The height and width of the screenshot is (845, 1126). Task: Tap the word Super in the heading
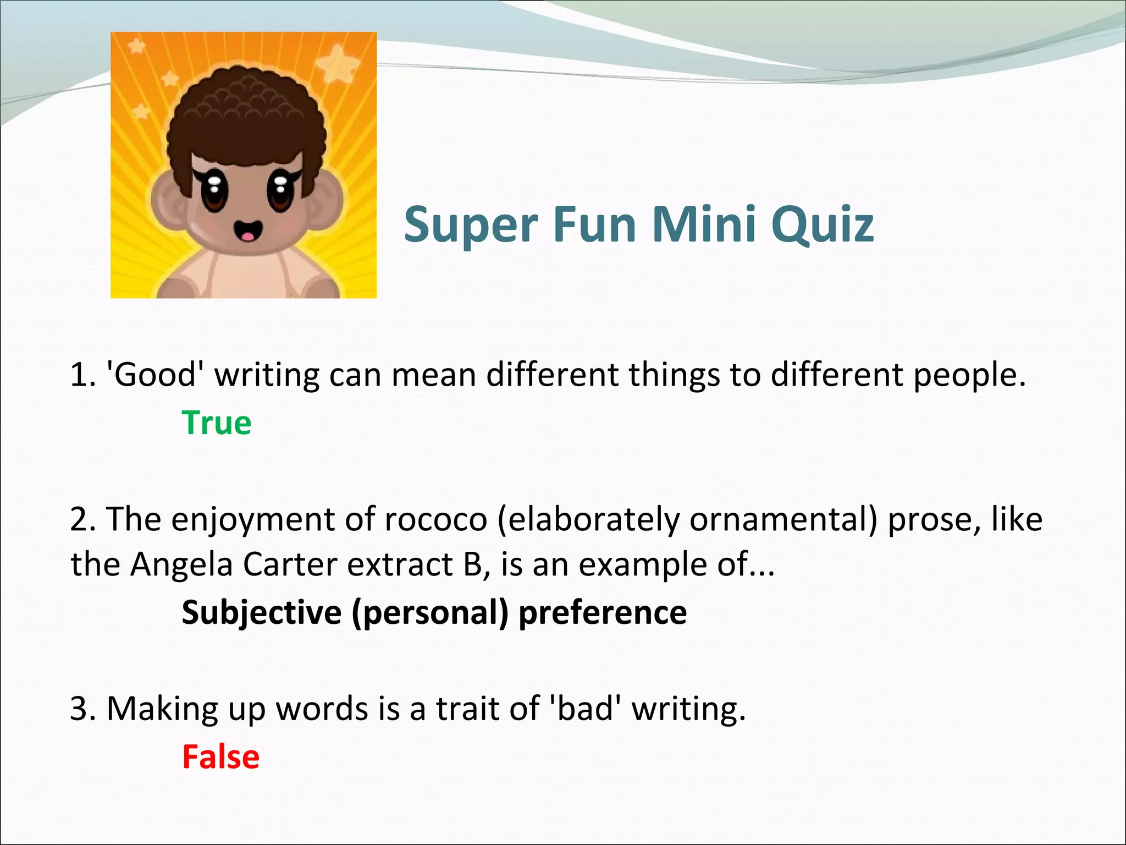tap(471, 225)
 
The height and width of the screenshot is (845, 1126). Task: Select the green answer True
tap(217, 423)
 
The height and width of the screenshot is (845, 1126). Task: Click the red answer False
tap(220, 757)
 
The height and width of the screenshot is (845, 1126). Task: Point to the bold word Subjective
tap(261, 612)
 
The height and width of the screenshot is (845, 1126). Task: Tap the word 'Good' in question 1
tap(154, 375)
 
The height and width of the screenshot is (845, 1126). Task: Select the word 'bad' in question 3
tap(585, 709)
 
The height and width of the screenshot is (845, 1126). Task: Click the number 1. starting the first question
tap(83, 375)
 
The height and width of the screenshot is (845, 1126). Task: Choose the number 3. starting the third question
tap(83, 709)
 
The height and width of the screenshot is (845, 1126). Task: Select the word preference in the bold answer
tap(603, 612)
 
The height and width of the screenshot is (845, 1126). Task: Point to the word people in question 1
tap(969, 376)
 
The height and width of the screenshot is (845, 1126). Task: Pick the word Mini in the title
tap(705, 225)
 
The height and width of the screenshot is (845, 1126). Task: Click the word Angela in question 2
tap(181, 566)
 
